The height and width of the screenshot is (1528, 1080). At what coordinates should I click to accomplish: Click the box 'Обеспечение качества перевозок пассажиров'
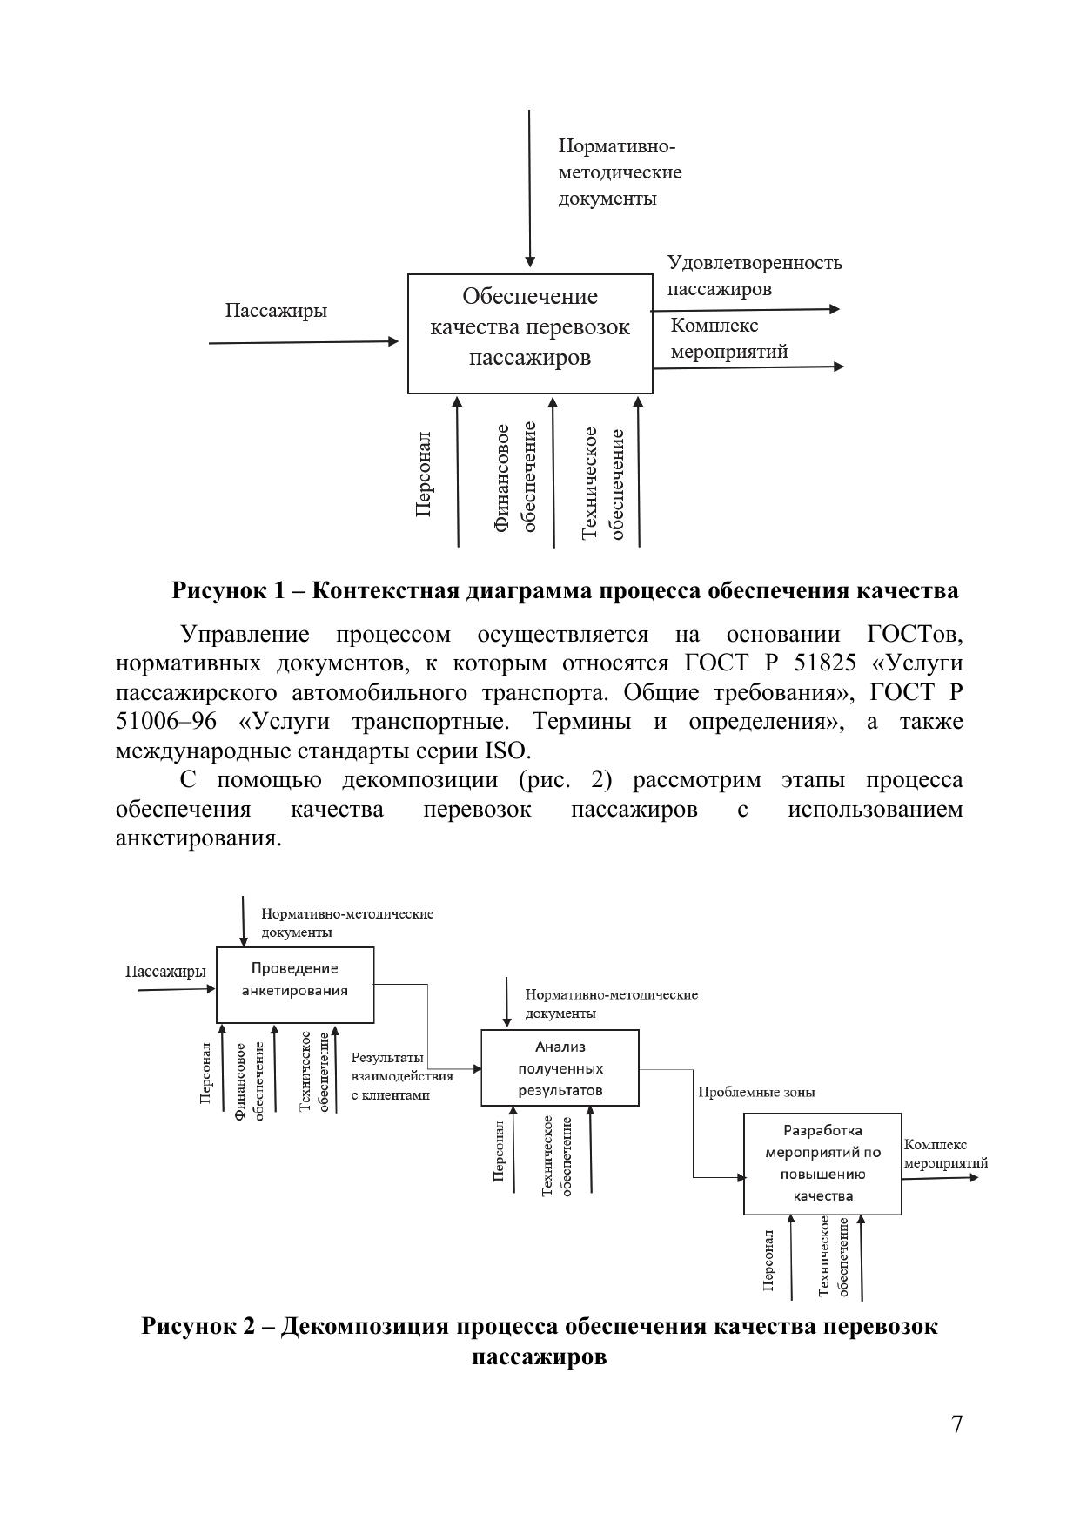[x=530, y=333]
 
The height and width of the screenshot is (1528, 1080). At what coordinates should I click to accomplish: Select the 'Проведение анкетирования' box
[x=294, y=984]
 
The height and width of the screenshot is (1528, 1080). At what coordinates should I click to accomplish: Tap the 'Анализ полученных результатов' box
[x=560, y=1067]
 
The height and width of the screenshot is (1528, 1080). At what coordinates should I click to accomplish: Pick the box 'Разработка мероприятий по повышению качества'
[x=822, y=1163]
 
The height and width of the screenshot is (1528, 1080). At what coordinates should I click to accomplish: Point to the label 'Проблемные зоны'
[x=755, y=1092]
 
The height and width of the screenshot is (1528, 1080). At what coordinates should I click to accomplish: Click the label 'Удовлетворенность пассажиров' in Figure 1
[x=754, y=275]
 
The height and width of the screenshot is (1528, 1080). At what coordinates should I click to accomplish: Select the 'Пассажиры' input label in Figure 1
[x=276, y=311]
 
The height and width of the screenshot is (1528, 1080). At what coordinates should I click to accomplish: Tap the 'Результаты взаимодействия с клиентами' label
[x=401, y=1076]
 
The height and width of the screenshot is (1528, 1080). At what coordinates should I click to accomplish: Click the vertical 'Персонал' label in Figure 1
[x=424, y=474]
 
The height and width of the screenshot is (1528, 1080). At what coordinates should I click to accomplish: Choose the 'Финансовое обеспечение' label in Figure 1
[x=515, y=477]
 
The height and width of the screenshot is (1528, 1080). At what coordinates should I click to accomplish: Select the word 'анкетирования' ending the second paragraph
[x=198, y=838]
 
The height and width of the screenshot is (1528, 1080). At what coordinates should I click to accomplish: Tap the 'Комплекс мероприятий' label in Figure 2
[x=945, y=1154]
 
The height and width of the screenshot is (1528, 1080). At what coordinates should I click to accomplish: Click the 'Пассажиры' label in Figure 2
[x=165, y=971]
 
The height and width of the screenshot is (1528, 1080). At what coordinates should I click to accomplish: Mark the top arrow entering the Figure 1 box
[x=530, y=187]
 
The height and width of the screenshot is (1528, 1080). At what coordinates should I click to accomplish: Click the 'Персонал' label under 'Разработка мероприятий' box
[x=768, y=1260]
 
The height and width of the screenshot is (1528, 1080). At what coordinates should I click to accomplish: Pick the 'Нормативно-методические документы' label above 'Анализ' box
[x=611, y=1004]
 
